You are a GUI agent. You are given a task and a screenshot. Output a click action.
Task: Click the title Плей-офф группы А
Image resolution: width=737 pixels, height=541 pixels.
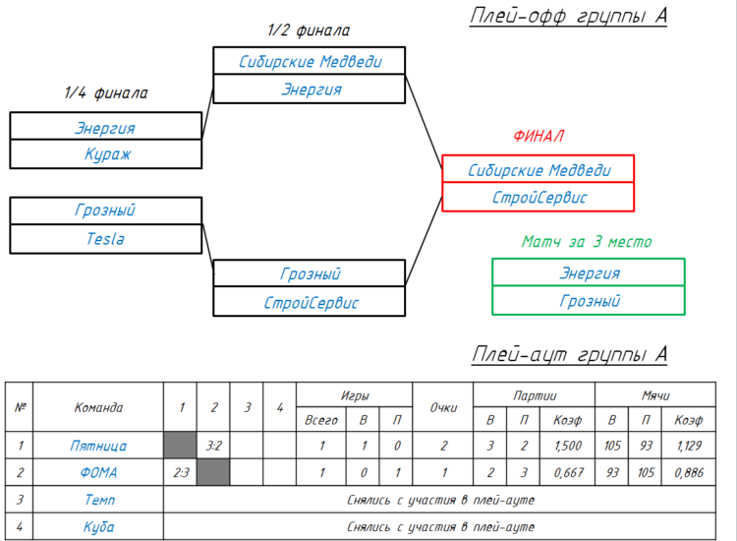tap(568, 16)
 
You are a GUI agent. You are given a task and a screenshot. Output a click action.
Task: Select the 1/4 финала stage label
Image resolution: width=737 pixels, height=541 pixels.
tap(106, 92)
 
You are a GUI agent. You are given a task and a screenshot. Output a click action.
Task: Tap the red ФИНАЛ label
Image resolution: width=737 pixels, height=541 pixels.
tap(539, 136)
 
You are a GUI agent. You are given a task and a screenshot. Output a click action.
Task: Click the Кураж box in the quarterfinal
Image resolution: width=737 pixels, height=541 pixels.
tap(106, 153)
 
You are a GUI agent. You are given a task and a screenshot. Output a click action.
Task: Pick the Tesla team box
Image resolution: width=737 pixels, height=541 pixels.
tap(106, 239)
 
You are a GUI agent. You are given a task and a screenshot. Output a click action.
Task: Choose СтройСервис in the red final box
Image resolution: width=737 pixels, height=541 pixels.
tap(539, 198)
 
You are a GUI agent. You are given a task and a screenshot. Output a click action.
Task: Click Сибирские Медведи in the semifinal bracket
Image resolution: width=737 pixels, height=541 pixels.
tap(310, 62)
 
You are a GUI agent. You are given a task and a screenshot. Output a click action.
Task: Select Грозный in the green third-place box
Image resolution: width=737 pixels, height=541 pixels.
tap(590, 301)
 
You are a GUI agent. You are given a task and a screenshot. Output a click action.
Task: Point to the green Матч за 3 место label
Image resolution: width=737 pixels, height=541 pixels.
tap(587, 242)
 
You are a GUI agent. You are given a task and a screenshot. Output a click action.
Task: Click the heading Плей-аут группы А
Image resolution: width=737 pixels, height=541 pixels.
tap(570, 354)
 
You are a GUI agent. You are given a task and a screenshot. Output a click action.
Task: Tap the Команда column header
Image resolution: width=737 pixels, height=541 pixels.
tap(98, 407)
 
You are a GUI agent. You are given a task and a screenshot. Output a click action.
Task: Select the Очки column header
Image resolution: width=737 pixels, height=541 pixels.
tap(443, 407)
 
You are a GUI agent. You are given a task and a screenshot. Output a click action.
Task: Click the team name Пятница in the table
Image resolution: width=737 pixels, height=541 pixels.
tap(98, 446)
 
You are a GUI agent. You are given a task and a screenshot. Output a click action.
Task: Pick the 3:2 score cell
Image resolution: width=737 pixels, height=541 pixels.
tap(213, 445)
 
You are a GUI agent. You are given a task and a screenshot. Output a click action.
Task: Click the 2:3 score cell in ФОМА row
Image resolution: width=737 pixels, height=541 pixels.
tap(181, 472)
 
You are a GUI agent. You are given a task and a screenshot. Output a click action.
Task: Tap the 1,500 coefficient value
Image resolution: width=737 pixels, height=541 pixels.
tap(568, 446)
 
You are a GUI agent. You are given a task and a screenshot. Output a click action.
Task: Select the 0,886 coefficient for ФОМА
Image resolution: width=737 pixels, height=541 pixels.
tap(689, 472)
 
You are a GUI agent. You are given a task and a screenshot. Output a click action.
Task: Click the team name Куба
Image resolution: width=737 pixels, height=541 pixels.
tap(98, 527)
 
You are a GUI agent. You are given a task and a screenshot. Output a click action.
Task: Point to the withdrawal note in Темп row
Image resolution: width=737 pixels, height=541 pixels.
tap(440, 500)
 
